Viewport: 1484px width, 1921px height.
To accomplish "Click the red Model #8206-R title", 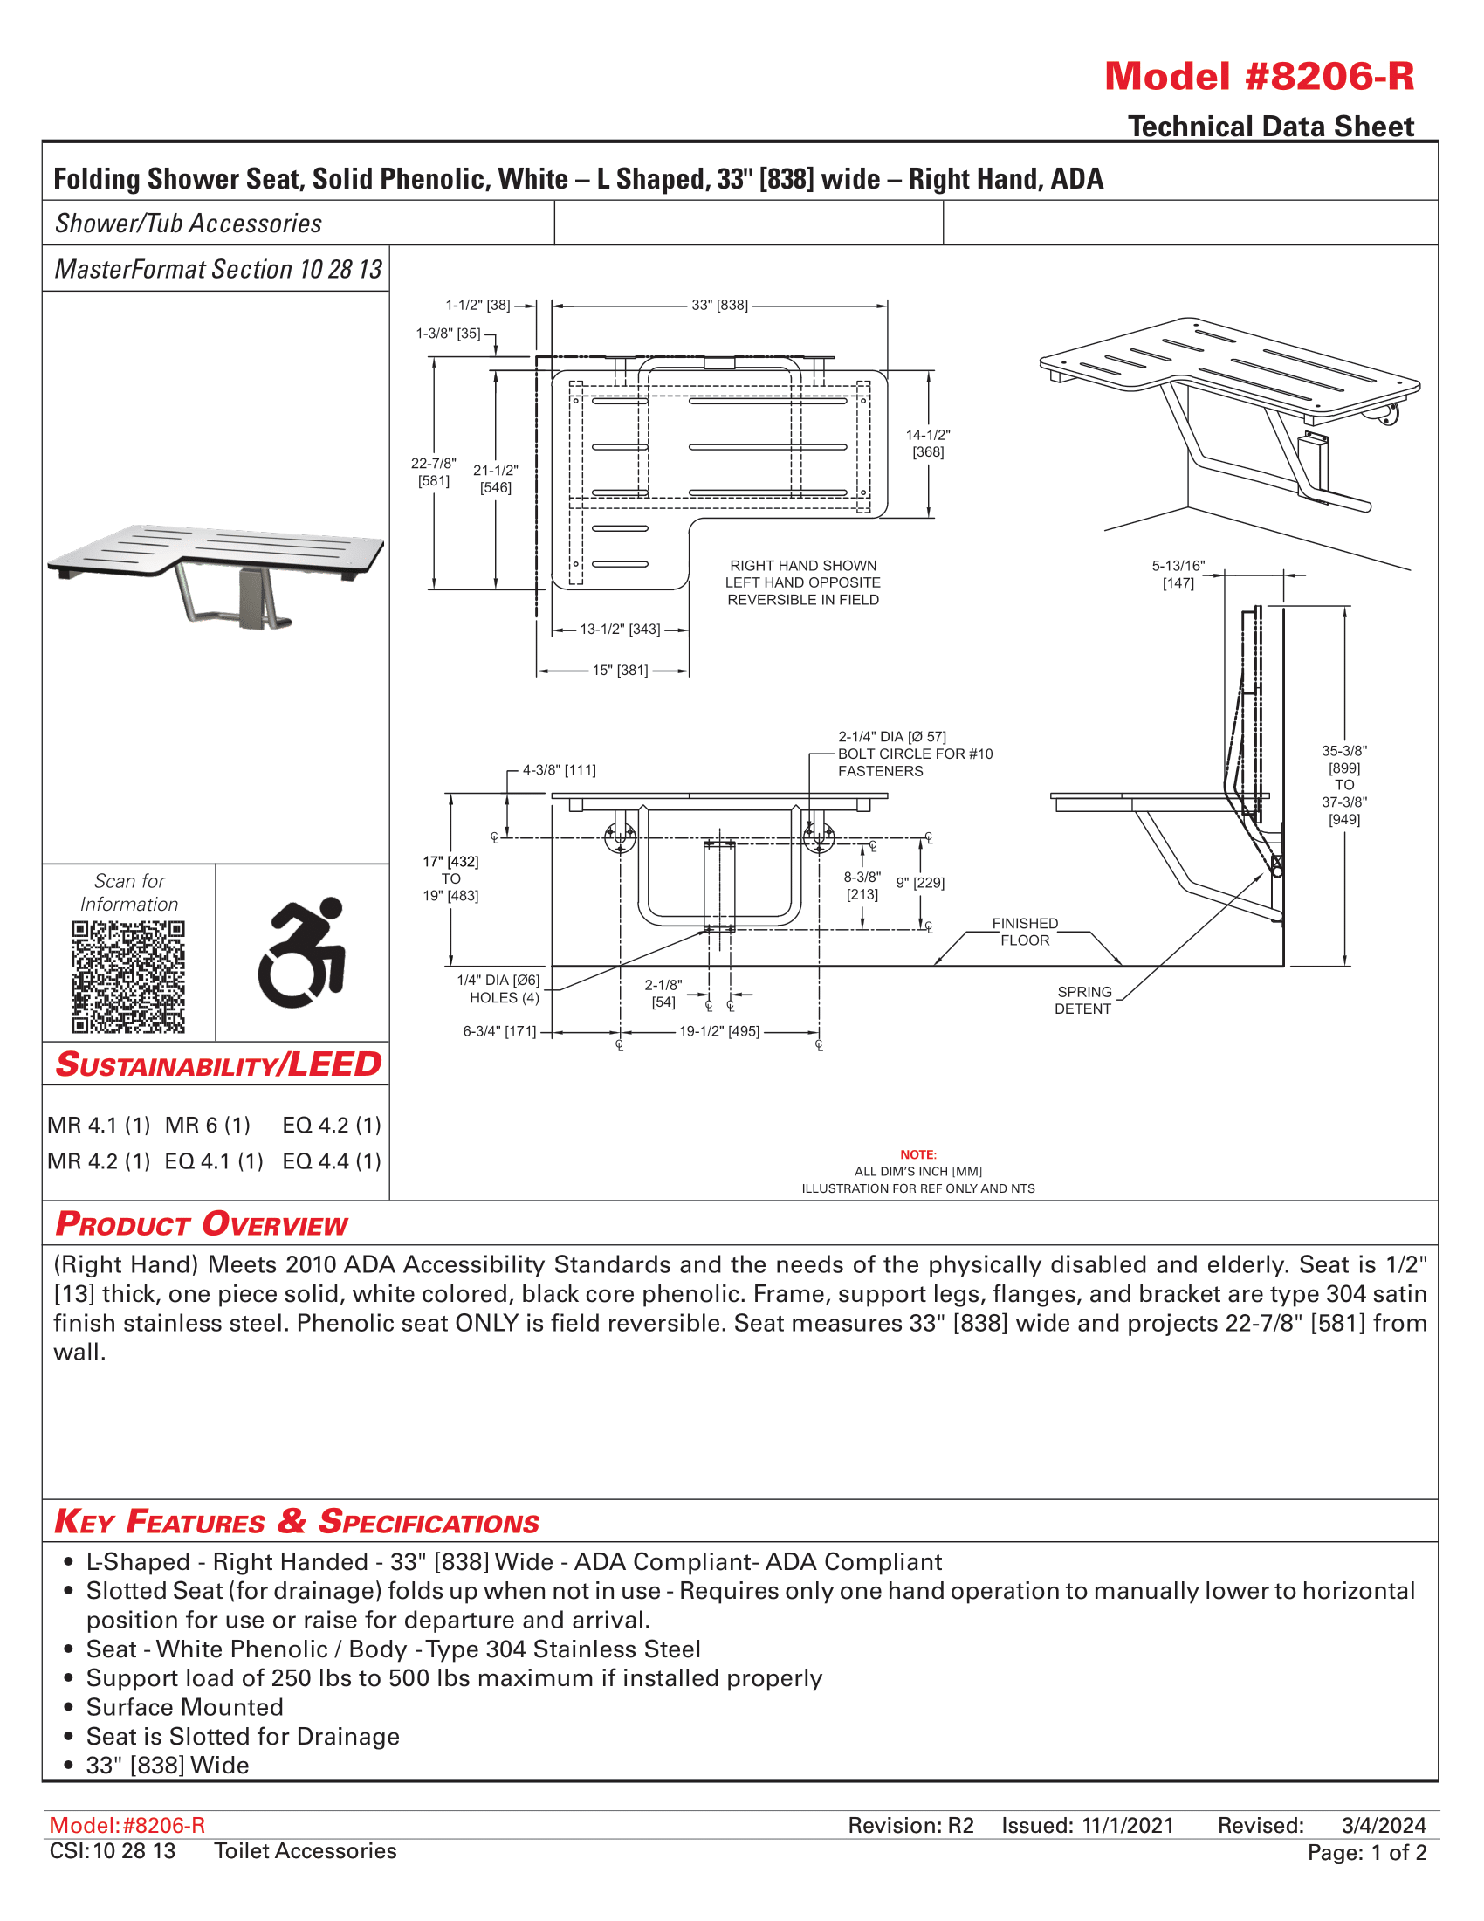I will [x=1258, y=77].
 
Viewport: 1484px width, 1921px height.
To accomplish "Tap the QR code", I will [x=128, y=976].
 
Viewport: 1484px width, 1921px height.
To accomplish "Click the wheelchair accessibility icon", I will [x=301, y=953].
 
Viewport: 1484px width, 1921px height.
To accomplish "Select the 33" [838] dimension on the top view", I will [x=719, y=306].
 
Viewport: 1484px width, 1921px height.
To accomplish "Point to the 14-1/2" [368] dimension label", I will [x=927, y=444].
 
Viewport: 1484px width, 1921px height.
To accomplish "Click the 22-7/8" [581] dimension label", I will [x=434, y=472].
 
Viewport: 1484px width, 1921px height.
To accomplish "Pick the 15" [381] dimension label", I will [x=620, y=671].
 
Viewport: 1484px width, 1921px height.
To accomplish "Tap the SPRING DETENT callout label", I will [x=1083, y=1000].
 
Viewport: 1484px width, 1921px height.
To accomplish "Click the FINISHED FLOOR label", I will [x=1025, y=932].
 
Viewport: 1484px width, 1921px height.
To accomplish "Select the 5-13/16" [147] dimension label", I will [x=1178, y=575].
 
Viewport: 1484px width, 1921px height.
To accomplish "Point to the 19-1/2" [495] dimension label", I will [x=719, y=1031].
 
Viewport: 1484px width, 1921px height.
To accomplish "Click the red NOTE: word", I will [x=917, y=1154].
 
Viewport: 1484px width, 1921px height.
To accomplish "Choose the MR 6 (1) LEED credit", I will [x=208, y=1125].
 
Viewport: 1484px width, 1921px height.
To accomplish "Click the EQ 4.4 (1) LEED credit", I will [x=332, y=1161].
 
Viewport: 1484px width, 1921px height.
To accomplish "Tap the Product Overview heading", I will [x=202, y=1224].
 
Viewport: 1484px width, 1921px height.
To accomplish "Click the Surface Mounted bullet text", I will [x=184, y=1707].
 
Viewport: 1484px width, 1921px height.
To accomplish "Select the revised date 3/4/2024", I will [x=1383, y=1825].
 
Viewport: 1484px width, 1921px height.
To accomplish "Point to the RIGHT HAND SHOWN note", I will [x=802, y=566].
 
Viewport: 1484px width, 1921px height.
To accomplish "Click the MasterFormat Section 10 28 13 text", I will [x=218, y=269].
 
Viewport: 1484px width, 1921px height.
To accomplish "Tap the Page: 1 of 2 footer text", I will [x=1366, y=1852].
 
